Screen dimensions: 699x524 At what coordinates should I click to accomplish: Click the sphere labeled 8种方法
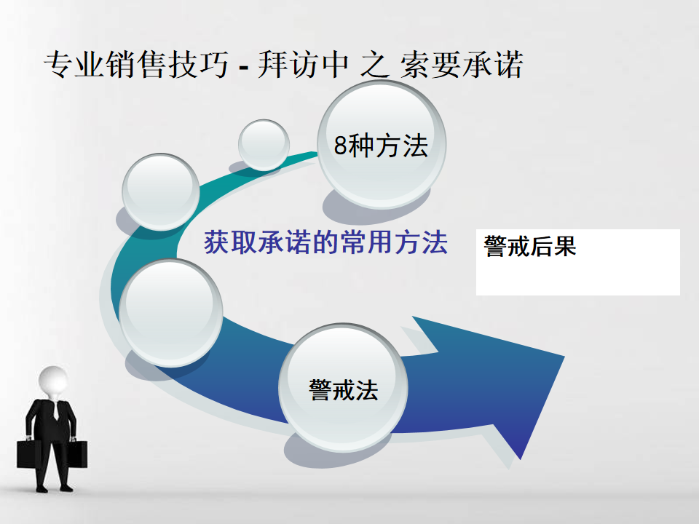pos(381,145)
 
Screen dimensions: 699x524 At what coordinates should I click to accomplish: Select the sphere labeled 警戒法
pos(343,388)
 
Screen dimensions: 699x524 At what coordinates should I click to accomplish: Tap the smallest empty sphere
pos(264,145)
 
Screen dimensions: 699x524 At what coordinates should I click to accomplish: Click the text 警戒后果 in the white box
pos(529,247)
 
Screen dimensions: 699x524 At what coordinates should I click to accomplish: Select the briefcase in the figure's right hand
pos(29,453)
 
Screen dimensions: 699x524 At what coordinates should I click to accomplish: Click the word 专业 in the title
pos(74,65)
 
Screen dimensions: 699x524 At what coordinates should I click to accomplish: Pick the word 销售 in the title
pos(136,65)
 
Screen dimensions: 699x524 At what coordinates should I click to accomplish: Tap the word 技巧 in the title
pos(198,65)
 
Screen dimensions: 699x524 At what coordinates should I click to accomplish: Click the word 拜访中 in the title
pos(303,65)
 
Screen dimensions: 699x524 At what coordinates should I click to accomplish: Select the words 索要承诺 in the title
pos(462,65)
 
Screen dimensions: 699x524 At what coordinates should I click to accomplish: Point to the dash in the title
pos(243,68)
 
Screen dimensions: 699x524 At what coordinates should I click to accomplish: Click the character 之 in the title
pos(375,65)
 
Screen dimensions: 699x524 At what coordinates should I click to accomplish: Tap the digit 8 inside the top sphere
pos(341,145)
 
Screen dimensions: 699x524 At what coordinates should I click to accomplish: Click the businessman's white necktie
pos(56,410)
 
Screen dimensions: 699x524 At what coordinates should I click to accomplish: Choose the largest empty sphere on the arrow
pos(171,312)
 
